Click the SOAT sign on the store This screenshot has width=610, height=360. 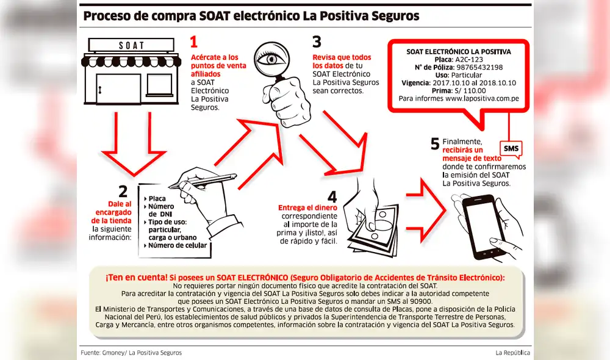[131, 45]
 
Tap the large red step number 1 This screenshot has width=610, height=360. [194, 41]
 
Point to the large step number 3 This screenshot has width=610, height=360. [317, 41]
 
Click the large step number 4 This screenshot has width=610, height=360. [332, 196]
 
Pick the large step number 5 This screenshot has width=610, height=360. [434, 143]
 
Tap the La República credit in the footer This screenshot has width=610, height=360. [512, 353]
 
